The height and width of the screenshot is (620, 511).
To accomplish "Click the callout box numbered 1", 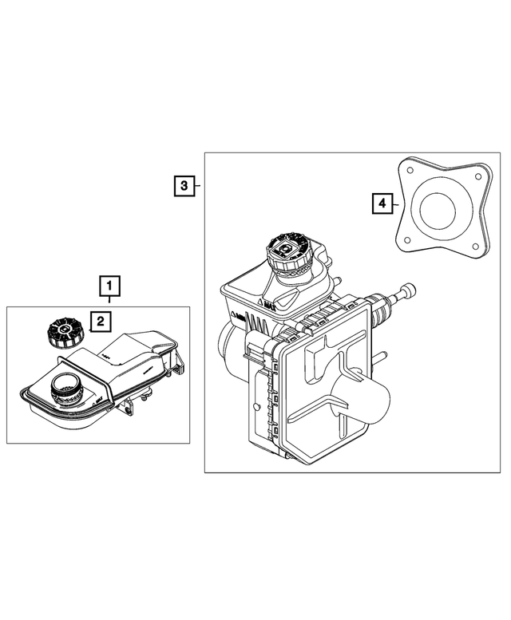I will point(109,285).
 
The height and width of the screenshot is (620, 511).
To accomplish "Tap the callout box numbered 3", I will point(184,187).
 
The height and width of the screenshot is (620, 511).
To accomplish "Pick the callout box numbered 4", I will point(382,204).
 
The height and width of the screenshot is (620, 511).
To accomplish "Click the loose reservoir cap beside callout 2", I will point(62,330).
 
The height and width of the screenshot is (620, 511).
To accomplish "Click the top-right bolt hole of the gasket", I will point(477,179).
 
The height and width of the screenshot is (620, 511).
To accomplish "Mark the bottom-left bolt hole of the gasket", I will point(407,239).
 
